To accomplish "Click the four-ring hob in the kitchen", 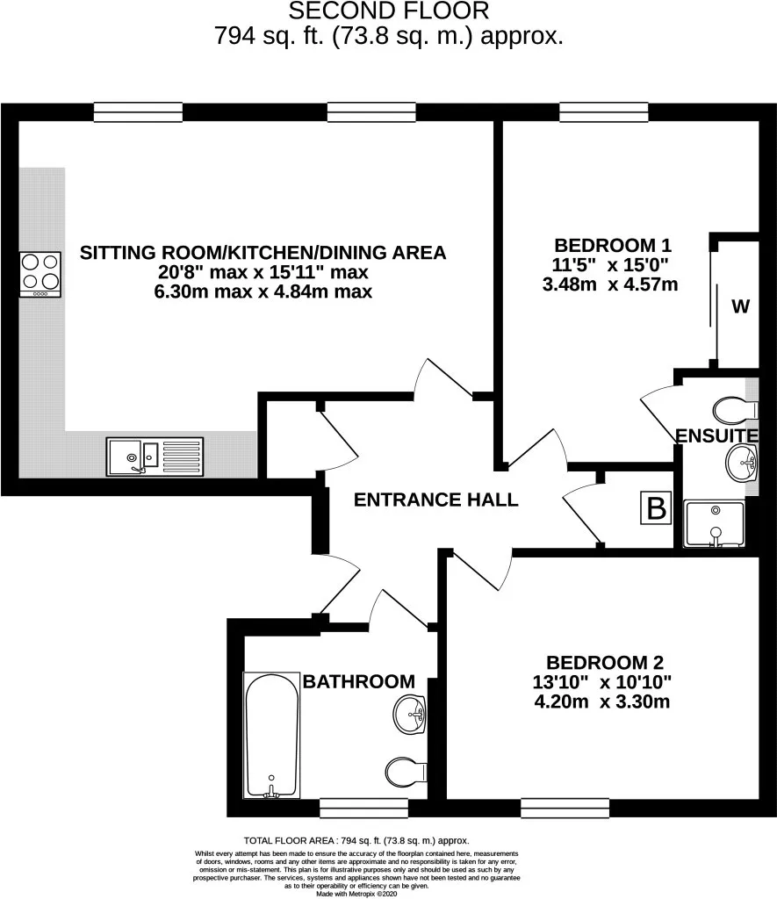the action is click(x=40, y=275).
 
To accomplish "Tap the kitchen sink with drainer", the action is click(x=155, y=457).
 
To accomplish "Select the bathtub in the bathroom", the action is click(x=272, y=736).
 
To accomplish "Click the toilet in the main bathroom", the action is click(x=406, y=772).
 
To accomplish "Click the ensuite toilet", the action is click(x=736, y=410).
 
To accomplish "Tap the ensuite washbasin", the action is click(x=742, y=463).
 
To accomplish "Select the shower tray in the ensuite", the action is click(x=715, y=524).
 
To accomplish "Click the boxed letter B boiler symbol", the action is click(x=657, y=508).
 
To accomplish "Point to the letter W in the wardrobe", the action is click(x=740, y=306).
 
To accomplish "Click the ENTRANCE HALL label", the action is click(x=435, y=500).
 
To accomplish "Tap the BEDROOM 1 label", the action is click(x=613, y=246).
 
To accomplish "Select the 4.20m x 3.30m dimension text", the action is click(x=602, y=701).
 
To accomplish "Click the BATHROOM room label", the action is click(x=359, y=681).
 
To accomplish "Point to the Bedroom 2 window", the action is click(x=565, y=808).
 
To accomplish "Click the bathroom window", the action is click(x=363, y=808).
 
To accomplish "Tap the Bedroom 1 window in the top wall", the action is click(x=604, y=112).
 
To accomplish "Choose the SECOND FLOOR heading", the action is click(x=389, y=11).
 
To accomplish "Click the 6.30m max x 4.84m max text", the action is click(x=263, y=291).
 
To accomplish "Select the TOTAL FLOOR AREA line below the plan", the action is click(x=356, y=840).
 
